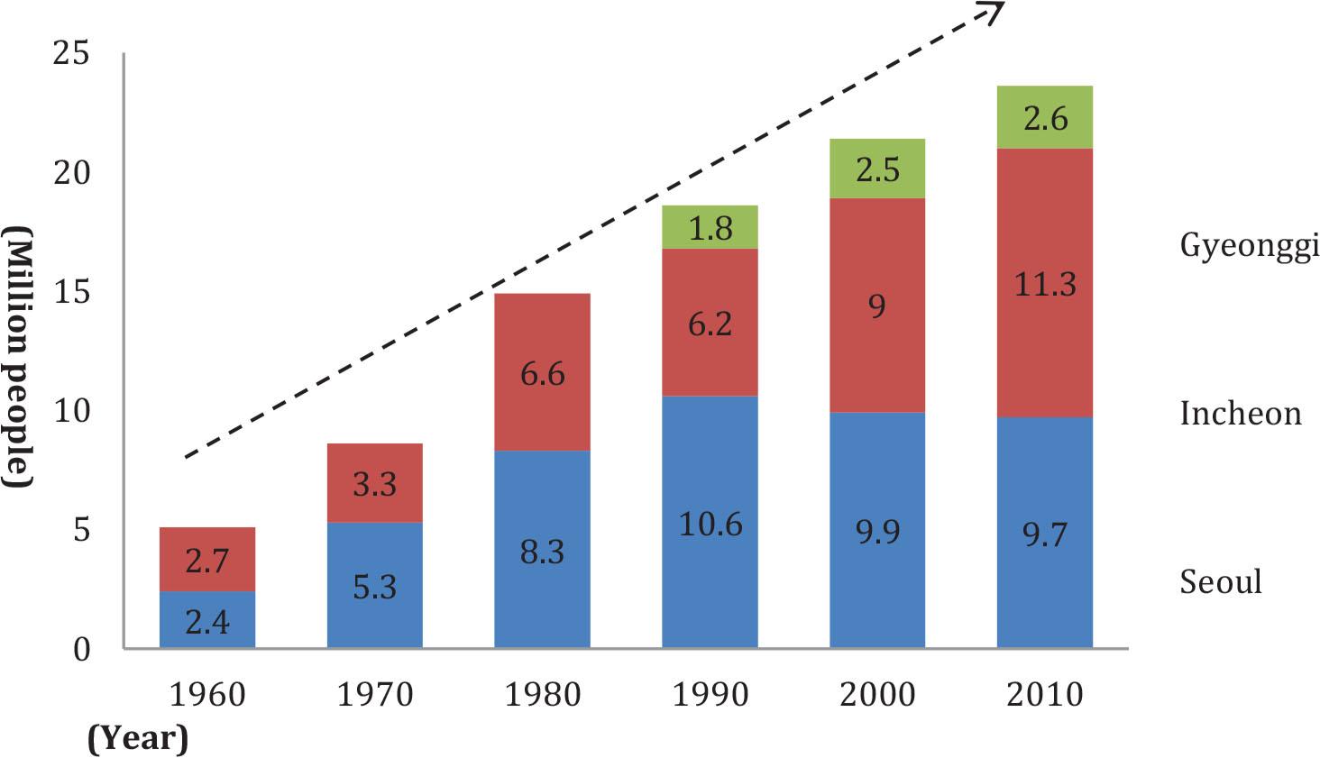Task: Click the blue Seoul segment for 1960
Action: point(207,619)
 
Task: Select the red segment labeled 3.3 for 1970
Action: point(374,483)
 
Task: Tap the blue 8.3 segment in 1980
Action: point(542,549)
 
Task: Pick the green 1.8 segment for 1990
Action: point(710,227)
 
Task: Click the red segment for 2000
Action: point(877,305)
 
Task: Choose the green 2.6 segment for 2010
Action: point(1045,117)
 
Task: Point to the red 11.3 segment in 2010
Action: point(1045,283)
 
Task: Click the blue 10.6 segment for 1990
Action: point(710,523)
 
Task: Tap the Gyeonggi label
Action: point(1249,245)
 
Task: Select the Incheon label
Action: point(1241,414)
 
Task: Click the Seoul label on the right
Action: point(1221,581)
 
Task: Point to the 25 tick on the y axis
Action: point(72,54)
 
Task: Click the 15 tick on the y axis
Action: point(72,293)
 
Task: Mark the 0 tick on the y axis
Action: point(82,649)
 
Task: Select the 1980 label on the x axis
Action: point(542,695)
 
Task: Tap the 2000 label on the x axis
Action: point(877,695)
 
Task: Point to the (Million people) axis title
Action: point(18,359)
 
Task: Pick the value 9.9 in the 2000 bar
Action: point(877,531)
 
